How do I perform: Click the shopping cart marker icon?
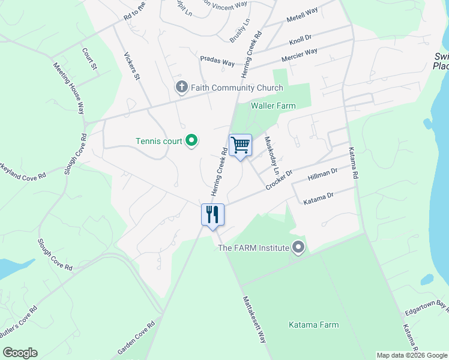click(240, 145)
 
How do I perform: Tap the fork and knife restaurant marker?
click(212, 214)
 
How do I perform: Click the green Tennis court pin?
click(191, 141)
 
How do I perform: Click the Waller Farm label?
click(273, 106)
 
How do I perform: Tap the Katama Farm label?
click(313, 325)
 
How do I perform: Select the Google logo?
click(20, 353)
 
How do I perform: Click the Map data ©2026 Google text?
click(412, 355)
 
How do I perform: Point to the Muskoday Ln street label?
click(272, 155)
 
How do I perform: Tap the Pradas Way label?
click(217, 62)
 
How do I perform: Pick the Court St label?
click(89, 58)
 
